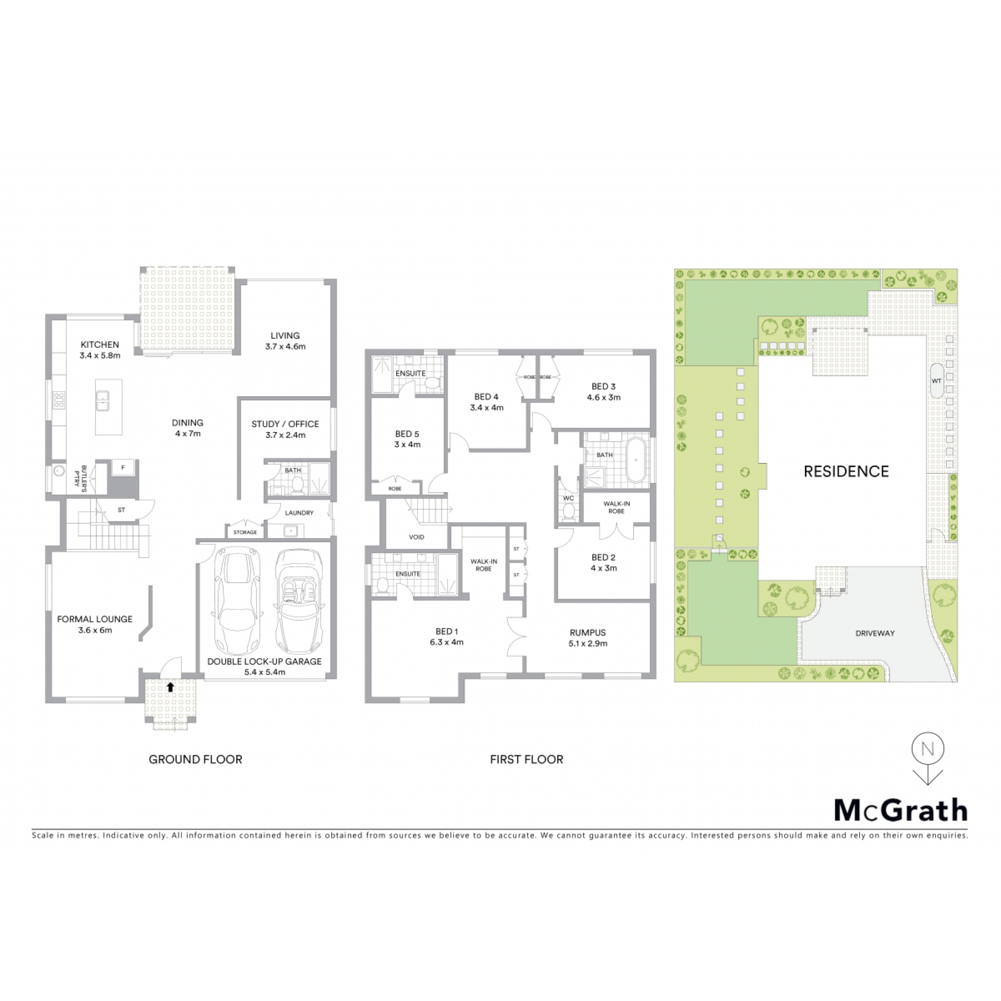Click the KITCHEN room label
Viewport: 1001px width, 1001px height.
100,345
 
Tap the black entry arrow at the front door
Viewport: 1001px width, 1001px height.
170,687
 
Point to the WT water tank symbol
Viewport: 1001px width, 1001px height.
936,381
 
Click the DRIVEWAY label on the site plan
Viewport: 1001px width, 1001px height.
875,633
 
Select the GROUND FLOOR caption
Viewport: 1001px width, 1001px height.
196,759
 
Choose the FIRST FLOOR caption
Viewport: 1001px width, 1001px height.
527,759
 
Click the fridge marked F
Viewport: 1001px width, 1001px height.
123,468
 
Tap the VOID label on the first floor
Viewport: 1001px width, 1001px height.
417,536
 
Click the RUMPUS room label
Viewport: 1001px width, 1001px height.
588,632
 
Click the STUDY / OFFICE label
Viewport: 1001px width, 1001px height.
285,424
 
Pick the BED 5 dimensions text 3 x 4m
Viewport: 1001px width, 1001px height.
407,445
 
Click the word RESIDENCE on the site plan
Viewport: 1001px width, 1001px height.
846,471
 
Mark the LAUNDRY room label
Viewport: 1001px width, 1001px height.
299,513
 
